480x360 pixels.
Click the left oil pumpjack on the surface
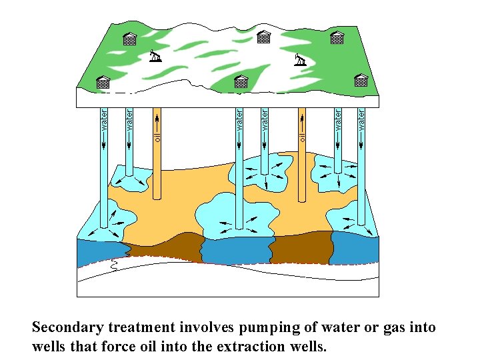click(x=155, y=56)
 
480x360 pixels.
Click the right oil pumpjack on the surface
click(x=300, y=60)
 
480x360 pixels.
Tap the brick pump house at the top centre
click(x=264, y=37)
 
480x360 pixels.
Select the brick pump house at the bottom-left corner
click(x=103, y=82)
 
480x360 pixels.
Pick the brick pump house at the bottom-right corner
click(x=361, y=81)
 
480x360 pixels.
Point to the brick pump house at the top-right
click(x=337, y=38)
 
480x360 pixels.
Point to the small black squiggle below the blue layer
click(x=114, y=267)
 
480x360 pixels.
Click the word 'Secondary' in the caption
click(x=69, y=327)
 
